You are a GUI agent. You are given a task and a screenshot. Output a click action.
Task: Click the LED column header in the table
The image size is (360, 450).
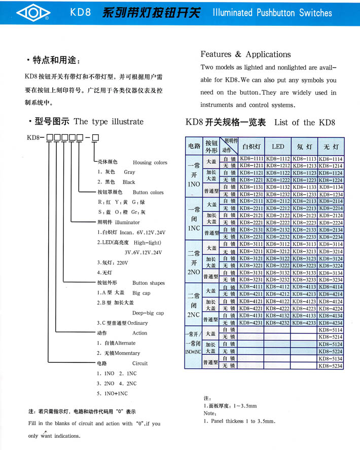pos(278,147)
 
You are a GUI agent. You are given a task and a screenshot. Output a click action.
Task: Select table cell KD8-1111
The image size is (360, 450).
pos(251,159)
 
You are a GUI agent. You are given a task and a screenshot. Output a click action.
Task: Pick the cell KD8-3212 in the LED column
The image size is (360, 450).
pos(278,251)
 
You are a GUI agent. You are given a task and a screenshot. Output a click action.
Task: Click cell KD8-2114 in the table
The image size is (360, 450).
pos(331,201)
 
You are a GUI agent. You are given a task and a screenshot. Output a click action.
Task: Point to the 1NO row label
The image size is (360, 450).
pos(193,184)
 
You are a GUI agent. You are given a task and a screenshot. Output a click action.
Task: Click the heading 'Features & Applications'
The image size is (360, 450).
pos(245,54)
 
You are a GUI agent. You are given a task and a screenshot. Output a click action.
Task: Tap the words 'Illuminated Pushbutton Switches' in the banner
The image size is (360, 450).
pos(272,13)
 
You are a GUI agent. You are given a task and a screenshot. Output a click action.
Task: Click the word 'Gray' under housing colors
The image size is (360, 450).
pos(129,172)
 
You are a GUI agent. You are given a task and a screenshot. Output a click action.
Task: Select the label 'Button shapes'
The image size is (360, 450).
pos(148,283)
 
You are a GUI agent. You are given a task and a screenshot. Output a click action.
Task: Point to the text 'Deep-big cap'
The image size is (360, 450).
pos(148,313)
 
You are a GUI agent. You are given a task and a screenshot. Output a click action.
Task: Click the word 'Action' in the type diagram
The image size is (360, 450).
pos(139,333)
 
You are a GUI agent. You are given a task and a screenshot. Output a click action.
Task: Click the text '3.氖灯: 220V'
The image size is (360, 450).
pos(112,263)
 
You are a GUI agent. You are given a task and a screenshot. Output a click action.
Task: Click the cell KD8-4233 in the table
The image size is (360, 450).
pos(304,323)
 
